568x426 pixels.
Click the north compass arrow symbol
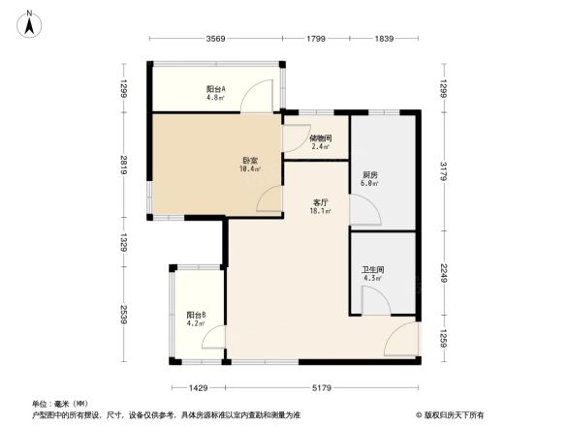tap(30, 21)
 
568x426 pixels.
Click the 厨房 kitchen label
tap(369, 175)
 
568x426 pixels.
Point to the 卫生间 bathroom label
tap(372, 270)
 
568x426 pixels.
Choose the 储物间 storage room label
tap(321, 137)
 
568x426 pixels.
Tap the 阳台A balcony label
tap(215, 88)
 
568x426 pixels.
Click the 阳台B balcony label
tap(195, 315)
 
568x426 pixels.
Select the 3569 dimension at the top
tap(215, 39)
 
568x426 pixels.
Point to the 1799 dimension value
tap(316, 39)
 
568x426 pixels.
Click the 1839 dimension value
tap(385, 39)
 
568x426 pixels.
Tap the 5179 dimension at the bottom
tap(323, 387)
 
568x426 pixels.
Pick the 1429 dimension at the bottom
tap(199, 387)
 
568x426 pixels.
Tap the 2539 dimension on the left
tap(125, 316)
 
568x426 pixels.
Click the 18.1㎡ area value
tap(321, 211)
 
